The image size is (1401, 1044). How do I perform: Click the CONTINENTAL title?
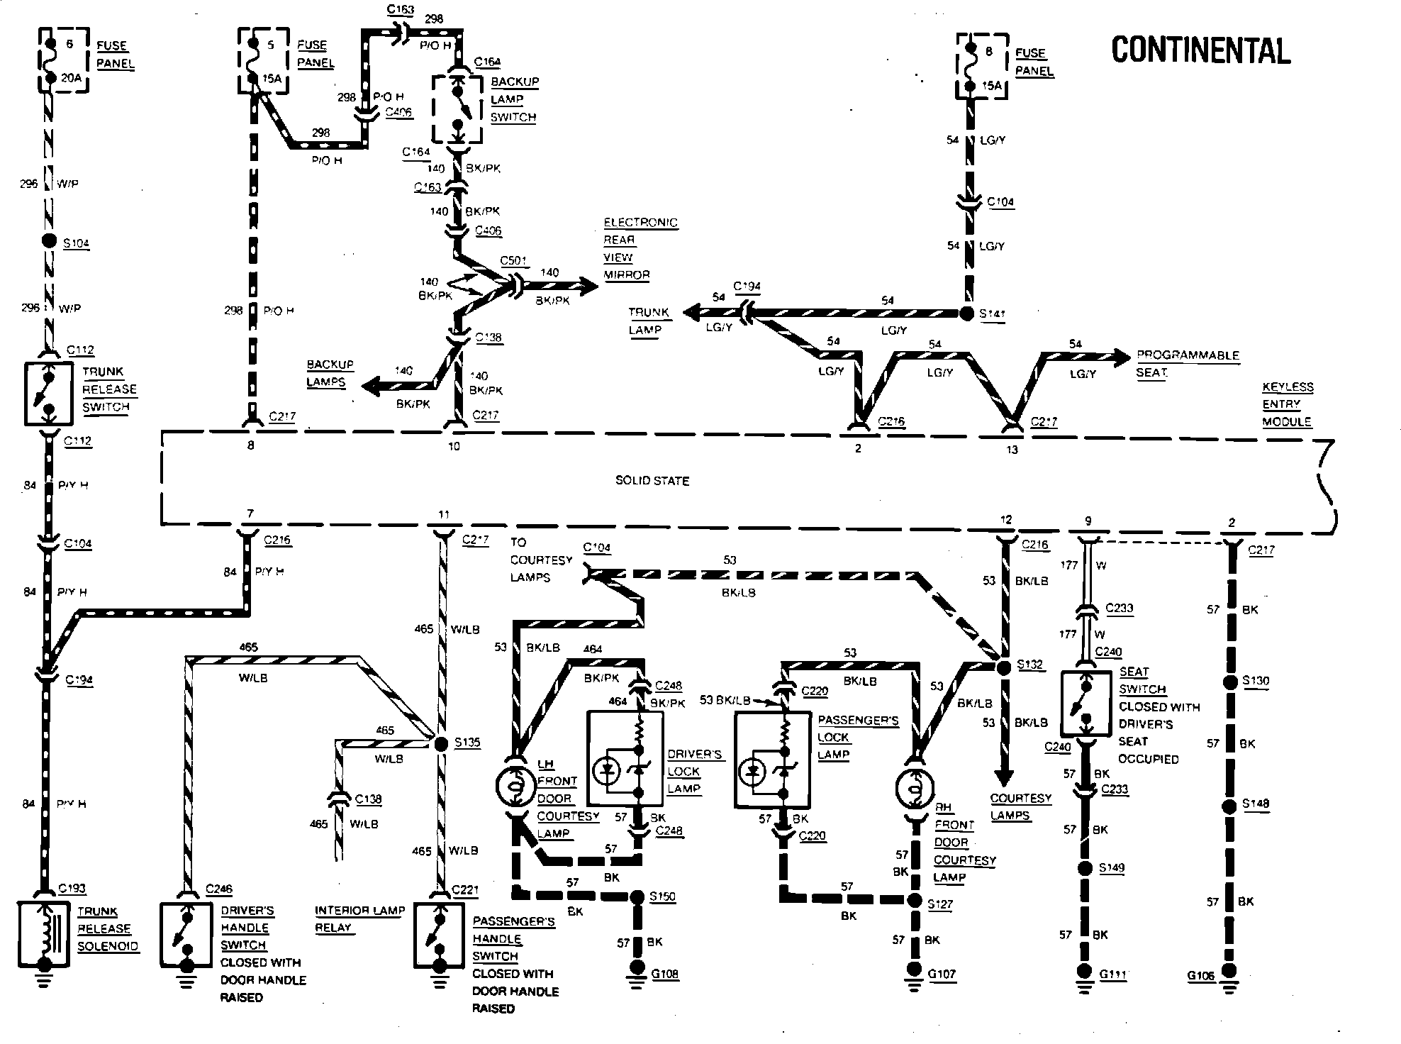(1200, 50)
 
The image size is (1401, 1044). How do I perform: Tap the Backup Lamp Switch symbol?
(458, 111)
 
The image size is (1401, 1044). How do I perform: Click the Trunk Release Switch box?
(48, 394)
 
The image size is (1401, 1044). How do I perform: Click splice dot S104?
(49, 240)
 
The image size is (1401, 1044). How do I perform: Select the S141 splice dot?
(967, 313)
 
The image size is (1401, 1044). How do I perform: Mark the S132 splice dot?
(1003, 667)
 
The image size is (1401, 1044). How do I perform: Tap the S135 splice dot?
(440, 743)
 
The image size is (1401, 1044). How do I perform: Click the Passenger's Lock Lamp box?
(772, 760)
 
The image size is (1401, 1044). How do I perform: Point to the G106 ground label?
(1201, 976)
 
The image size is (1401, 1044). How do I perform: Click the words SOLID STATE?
(652, 481)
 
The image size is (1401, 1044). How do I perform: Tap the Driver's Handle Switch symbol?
(186, 934)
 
